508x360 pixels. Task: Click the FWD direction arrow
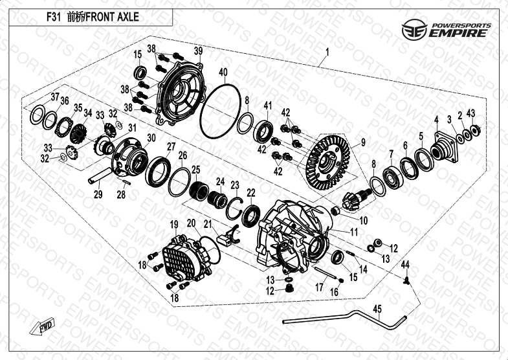coord(42,326)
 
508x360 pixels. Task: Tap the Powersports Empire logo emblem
coord(414,30)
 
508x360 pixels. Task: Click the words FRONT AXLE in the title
coord(112,17)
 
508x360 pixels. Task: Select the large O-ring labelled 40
coord(220,111)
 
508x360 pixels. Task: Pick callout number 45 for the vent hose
coord(377,309)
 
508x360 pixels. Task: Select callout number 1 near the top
coord(327,52)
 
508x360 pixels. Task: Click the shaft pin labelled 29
coord(100,175)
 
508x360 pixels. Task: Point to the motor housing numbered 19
coord(188,259)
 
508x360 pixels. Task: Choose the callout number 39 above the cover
coord(198,51)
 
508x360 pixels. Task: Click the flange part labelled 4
coord(444,146)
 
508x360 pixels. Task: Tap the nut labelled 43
coord(475,130)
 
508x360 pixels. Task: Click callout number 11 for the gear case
coord(354,232)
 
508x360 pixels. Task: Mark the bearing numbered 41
coord(263,131)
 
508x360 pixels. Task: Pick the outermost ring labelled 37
coord(38,115)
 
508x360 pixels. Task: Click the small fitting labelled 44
coord(406,280)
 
